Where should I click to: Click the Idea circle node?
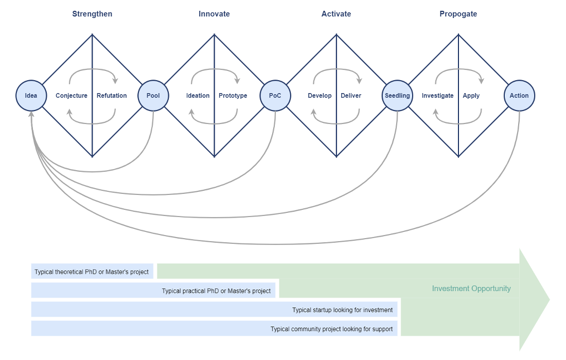(x=31, y=96)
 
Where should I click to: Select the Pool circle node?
(x=153, y=96)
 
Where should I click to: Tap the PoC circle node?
(x=275, y=96)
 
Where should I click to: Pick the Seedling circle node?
(x=397, y=96)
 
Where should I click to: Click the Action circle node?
(x=519, y=96)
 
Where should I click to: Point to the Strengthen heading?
(x=92, y=14)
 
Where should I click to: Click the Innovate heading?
(x=214, y=14)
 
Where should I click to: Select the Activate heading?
(x=336, y=14)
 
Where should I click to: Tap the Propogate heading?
(x=458, y=14)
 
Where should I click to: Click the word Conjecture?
(x=72, y=96)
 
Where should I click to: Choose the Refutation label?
(x=112, y=96)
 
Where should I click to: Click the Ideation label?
(x=198, y=96)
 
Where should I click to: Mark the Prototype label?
(x=233, y=96)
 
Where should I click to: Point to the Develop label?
(x=320, y=96)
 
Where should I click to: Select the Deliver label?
(x=351, y=96)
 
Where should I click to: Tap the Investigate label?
(x=437, y=96)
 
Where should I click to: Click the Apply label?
(x=471, y=96)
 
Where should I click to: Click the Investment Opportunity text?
(x=471, y=289)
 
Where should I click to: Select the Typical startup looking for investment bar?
(x=215, y=310)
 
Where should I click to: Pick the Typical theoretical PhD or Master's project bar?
(x=92, y=272)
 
